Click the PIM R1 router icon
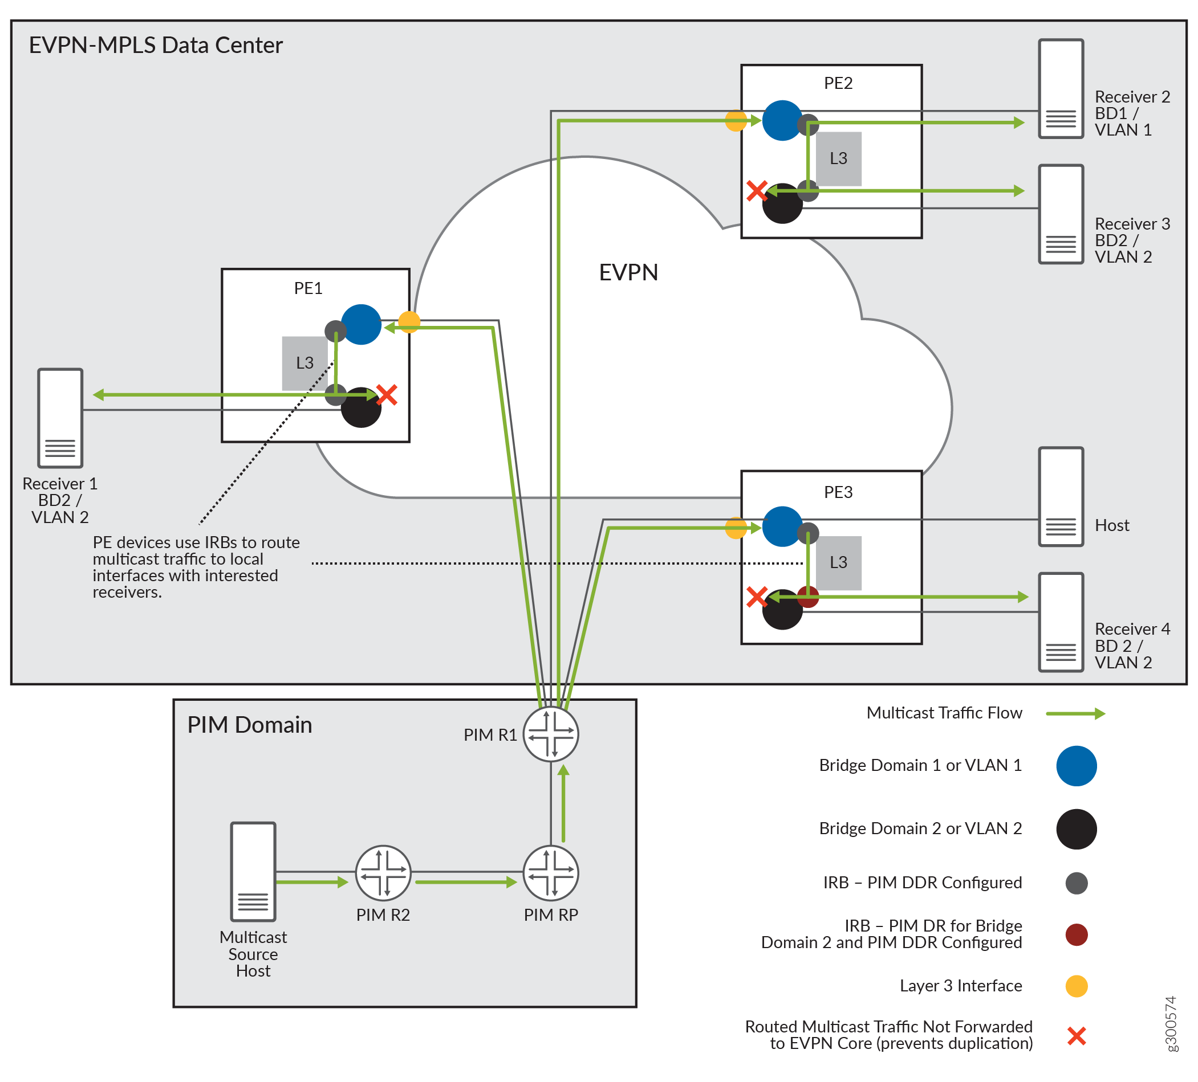[x=551, y=734]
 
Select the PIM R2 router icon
[x=383, y=873]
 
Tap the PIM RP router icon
[x=551, y=873]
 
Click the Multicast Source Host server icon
[x=253, y=871]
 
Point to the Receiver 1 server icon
[x=60, y=418]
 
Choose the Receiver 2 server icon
[x=1061, y=89]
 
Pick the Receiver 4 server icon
[x=1061, y=622]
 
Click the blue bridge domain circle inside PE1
[x=362, y=324]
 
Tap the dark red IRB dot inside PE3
[x=808, y=596]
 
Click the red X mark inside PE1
[x=387, y=395]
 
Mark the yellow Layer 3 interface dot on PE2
[x=736, y=121]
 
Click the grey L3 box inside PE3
[x=838, y=562]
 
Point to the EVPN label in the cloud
[x=628, y=272]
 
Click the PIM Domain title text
[x=250, y=725]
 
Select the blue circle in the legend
[x=1076, y=765]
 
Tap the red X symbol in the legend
[x=1076, y=1036]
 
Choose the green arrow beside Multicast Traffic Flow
[x=1075, y=713]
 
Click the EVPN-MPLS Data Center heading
[x=156, y=46]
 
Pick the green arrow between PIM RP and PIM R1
[x=563, y=803]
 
